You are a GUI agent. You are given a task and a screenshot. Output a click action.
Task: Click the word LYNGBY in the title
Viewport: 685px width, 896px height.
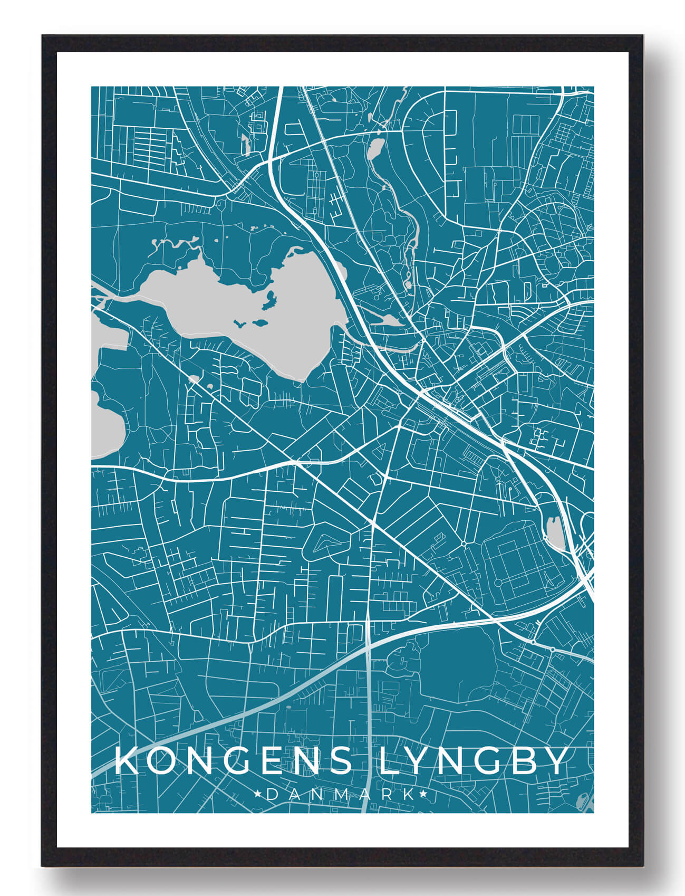tap(474, 761)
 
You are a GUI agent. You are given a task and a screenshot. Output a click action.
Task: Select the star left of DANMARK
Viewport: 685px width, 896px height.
tap(258, 794)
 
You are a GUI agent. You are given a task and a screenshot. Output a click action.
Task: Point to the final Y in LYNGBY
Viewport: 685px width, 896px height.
tap(556, 761)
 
